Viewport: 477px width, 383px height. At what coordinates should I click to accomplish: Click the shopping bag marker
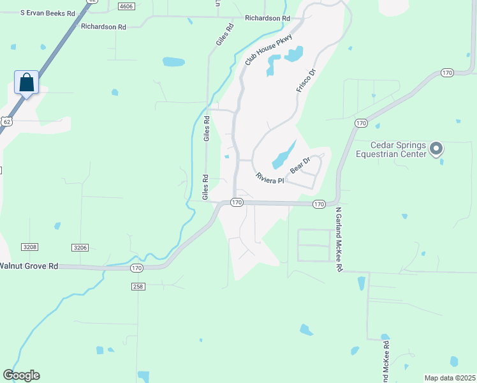26,82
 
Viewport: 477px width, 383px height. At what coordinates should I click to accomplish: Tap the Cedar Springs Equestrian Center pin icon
436,149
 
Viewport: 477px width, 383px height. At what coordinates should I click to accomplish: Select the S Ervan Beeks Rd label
48,13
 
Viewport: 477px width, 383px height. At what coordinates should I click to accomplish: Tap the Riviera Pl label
269,178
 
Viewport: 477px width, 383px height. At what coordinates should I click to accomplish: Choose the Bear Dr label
300,165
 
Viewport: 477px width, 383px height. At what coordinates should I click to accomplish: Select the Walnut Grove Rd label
29,265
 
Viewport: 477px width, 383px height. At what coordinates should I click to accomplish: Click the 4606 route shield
126,5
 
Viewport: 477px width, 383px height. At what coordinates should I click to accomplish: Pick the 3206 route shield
80,247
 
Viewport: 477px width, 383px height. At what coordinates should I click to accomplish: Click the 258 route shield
138,287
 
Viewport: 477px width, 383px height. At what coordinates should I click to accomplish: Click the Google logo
21,375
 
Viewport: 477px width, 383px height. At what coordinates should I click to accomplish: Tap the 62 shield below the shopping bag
6,121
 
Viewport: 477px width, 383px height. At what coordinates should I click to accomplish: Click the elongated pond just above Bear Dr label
284,153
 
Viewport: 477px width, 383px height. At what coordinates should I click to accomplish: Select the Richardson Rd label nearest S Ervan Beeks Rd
103,27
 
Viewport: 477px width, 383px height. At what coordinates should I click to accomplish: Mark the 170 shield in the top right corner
447,73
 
